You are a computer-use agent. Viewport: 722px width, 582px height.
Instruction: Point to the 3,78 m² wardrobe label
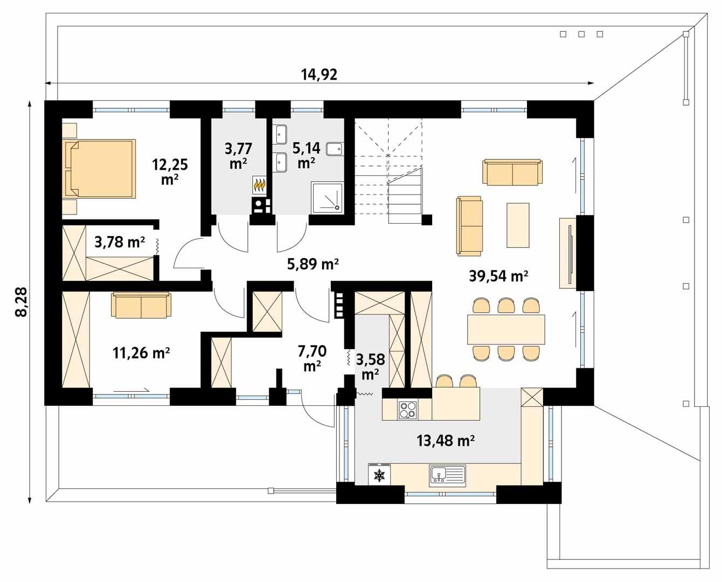point(120,242)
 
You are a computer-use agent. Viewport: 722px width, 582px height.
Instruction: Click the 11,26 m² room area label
point(141,353)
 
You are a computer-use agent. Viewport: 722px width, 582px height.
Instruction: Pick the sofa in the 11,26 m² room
point(141,306)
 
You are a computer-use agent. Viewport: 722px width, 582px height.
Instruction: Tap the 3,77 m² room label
point(238,155)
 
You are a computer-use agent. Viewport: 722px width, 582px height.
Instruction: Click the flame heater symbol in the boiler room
point(260,185)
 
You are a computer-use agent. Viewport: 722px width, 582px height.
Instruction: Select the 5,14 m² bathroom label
point(306,154)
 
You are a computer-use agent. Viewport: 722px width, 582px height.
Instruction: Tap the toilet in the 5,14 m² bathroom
point(335,149)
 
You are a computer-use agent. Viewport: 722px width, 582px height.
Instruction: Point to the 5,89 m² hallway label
point(313,264)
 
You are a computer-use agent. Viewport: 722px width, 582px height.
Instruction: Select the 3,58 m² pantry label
point(370,365)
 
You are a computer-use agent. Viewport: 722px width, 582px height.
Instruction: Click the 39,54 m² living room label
point(498,276)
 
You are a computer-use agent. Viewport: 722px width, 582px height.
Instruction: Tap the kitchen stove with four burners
point(407,410)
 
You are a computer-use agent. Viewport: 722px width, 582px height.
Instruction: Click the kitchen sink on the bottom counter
point(447,475)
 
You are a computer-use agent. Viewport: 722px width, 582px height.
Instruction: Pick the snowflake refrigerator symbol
point(380,475)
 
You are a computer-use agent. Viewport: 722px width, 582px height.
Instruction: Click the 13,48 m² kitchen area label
point(445,441)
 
